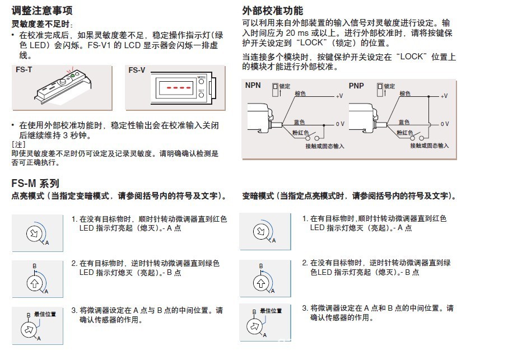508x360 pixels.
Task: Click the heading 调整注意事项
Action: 42,11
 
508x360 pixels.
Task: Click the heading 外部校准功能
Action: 272,11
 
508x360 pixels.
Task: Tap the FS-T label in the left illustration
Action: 24,69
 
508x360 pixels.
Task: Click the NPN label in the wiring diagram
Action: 253,85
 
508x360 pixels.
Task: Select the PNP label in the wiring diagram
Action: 356,86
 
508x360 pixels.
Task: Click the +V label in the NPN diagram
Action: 339,96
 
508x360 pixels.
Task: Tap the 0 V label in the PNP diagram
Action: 445,124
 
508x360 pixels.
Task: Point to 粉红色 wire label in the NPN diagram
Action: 300,133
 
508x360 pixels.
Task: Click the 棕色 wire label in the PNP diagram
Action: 405,93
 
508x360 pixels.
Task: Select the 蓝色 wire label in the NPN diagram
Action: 299,122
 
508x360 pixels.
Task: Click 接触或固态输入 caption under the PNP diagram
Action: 429,146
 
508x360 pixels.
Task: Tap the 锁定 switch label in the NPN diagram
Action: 285,86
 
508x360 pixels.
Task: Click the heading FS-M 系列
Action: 35,184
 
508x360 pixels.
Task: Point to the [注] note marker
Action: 18,144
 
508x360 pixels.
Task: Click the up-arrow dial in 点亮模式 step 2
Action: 34,283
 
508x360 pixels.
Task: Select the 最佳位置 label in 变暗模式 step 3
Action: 271,311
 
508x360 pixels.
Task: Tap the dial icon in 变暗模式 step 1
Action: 261,231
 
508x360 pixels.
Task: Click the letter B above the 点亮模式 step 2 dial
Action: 34,266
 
